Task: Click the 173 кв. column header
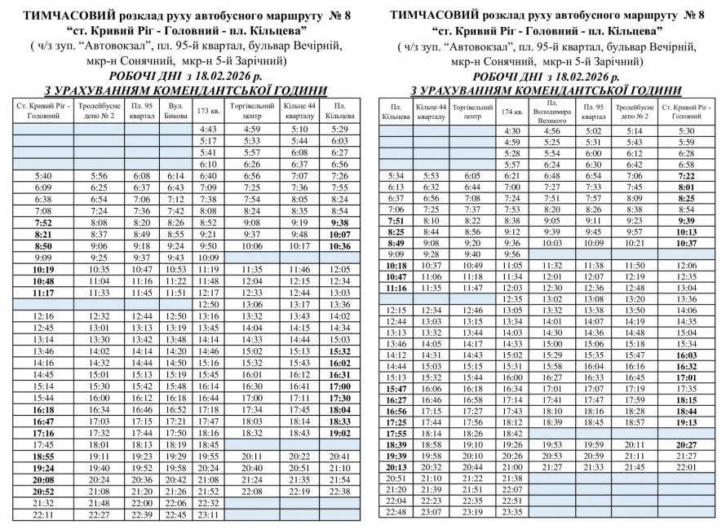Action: click(208, 110)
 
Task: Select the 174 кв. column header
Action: click(512, 112)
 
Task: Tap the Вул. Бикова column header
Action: click(175, 110)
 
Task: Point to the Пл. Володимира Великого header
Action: click(552, 112)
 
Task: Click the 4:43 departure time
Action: click(208, 129)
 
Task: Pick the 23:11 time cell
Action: click(208, 514)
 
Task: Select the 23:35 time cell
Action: click(512, 511)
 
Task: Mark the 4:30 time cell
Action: click(512, 130)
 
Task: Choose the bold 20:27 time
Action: click(686, 444)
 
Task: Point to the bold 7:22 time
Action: click(686, 175)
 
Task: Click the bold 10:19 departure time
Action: click(42, 269)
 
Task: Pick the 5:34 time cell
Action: click(396, 175)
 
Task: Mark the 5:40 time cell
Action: click(42, 175)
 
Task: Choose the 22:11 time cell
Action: click(42, 514)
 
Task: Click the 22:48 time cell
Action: click(396, 511)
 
